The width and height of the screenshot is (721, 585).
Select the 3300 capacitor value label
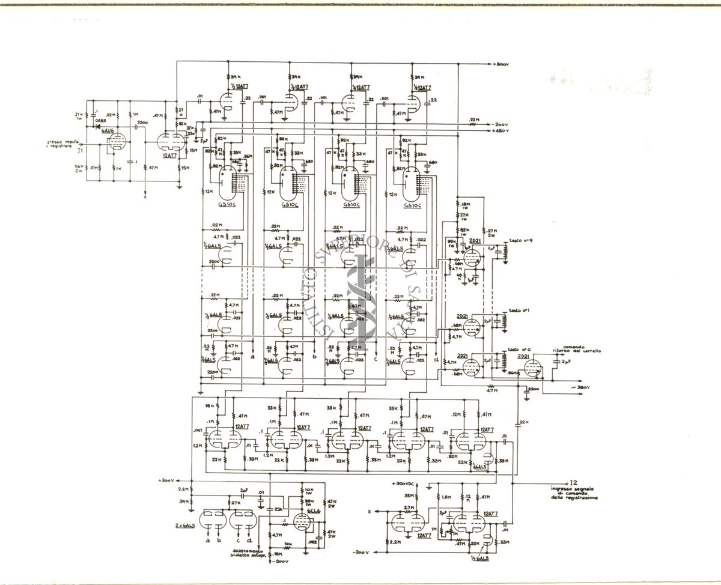pos(142,123)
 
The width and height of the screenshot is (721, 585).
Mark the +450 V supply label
pos(500,130)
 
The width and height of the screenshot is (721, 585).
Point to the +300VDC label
pos(404,483)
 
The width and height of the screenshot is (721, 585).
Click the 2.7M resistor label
pos(409,508)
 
